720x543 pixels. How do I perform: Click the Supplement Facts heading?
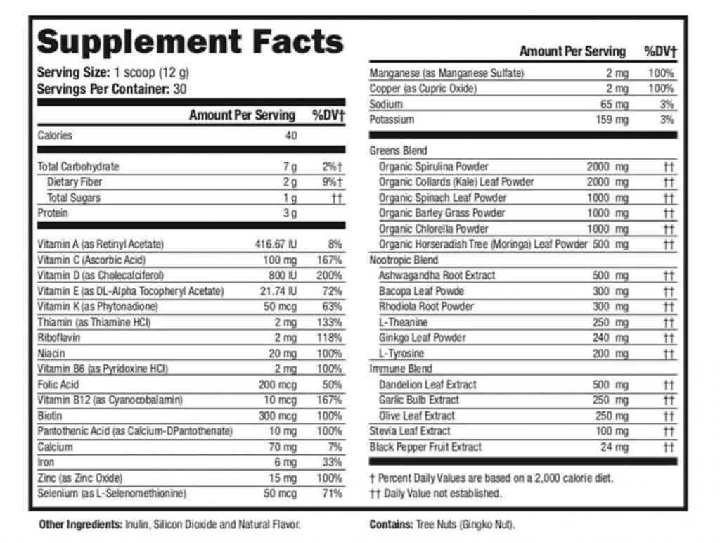point(190,42)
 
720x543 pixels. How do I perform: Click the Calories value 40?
point(290,136)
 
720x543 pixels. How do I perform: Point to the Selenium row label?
point(112,493)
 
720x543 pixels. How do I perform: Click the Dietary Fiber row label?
point(75,182)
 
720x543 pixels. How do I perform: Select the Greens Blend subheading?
point(398,151)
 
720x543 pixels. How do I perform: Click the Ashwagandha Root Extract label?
point(437,275)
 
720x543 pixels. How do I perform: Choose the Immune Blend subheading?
point(401,369)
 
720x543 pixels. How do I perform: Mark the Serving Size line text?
point(112,73)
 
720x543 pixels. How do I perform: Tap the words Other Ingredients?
point(79,524)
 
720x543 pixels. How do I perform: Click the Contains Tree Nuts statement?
point(442,524)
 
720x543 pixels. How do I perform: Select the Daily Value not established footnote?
point(436,493)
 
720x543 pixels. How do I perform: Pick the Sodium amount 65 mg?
point(615,104)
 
